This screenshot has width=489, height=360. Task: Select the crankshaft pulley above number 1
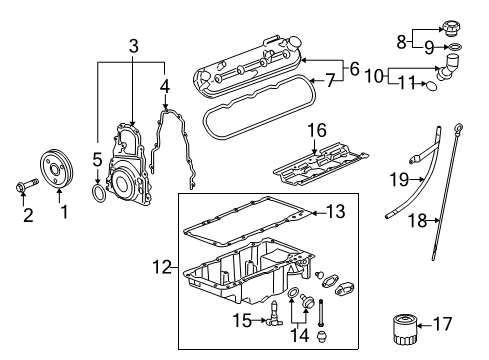click(58, 166)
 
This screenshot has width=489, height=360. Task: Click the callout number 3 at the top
click(132, 45)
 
